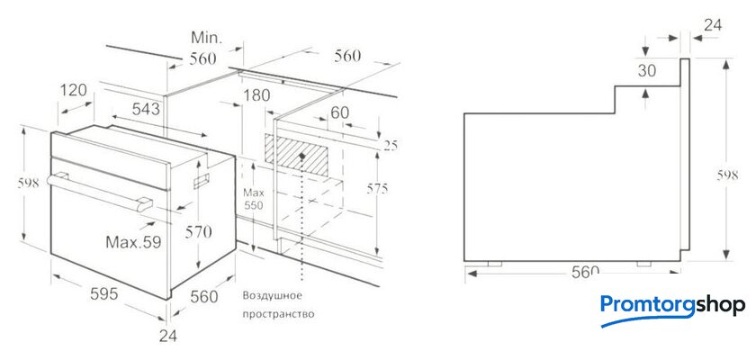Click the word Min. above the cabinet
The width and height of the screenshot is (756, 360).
point(206,38)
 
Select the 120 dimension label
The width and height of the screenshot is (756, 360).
point(74,90)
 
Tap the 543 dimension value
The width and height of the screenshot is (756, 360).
point(146,110)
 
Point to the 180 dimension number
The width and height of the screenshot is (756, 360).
point(256,95)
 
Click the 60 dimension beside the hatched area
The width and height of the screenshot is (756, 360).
point(339,112)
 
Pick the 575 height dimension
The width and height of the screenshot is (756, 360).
point(377,189)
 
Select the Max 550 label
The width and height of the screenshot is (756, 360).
point(254,199)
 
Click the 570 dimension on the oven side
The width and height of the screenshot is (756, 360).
point(198,233)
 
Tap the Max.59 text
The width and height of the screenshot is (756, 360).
point(133,241)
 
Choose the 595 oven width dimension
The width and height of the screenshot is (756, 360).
point(104,293)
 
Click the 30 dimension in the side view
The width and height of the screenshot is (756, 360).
point(647,71)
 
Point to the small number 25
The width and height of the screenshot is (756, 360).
point(390,146)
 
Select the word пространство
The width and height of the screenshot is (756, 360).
point(278,314)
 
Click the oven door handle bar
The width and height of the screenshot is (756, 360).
point(99,191)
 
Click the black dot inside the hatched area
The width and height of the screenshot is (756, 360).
point(301,156)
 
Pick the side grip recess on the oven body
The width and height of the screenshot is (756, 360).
point(202,181)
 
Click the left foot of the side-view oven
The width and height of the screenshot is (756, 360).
point(495,264)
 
